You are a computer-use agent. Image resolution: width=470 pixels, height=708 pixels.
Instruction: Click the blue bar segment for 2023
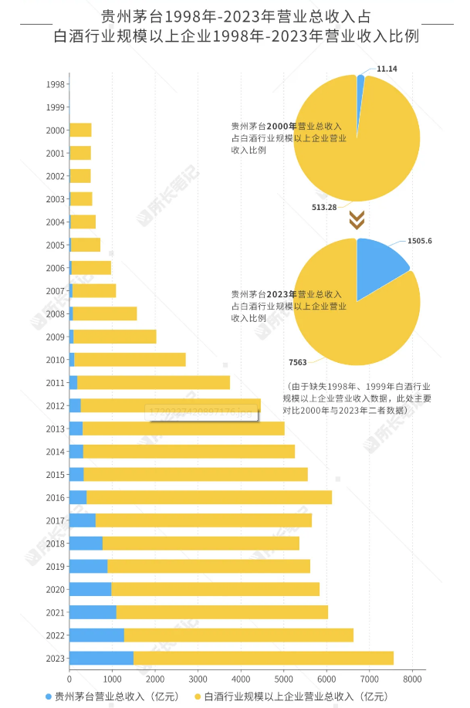pyautogui.click(x=101, y=658)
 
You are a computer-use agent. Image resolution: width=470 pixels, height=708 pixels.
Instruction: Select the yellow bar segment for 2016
pyautogui.click(x=208, y=497)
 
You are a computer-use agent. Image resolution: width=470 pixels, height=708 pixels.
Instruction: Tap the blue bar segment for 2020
pyautogui.click(x=90, y=589)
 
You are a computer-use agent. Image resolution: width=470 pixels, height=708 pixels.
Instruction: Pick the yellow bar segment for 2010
pyautogui.click(x=130, y=360)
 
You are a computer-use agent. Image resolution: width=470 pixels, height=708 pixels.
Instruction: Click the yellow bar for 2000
pyautogui.click(x=80, y=130)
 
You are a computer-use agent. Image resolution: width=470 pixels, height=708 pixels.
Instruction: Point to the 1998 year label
pyautogui.click(x=55, y=85)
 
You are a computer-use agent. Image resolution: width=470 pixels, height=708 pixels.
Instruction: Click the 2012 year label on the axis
pyautogui.click(x=55, y=406)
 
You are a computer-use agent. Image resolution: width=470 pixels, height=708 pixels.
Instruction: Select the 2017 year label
pyautogui.click(x=55, y=520)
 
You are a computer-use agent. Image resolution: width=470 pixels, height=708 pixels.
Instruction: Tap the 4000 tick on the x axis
pyautogui.click(x=241, y=680)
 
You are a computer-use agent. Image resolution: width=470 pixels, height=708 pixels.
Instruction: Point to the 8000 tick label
pyautogui.click(x=413, y=680)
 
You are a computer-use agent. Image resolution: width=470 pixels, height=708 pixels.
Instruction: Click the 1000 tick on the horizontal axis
pyautogui.click(x=112, y=680)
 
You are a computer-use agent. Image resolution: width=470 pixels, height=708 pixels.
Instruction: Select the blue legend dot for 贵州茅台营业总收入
pyautogui.click(x=49, y=696)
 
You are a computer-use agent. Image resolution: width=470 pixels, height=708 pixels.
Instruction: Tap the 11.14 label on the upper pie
pyautogui.click(x=387, y=69)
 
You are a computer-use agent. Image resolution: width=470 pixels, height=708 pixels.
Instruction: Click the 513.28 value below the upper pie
pyautogui.click(x=324, y=207)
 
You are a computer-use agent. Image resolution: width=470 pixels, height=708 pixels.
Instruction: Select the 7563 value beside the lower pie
pyautogui.click(x=297, y=361)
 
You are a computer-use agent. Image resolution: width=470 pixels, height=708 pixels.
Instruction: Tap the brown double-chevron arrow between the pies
pyautogui.click(x=356, y=221)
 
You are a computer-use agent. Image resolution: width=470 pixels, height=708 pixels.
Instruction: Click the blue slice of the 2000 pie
pyautogui.click(x=360, y=83)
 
